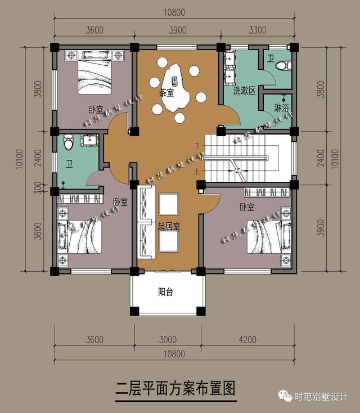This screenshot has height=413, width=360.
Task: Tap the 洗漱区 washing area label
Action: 245,90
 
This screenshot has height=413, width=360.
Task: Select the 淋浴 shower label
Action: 282,107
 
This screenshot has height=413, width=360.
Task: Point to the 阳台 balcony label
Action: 165,292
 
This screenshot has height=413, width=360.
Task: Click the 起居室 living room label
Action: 168,226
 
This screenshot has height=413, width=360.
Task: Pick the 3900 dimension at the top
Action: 178,30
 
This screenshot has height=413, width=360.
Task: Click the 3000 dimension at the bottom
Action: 167,339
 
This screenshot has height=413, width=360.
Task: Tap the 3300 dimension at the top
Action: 258,30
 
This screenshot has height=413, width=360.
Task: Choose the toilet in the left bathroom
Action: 69,143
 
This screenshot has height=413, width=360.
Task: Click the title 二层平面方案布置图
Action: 174,388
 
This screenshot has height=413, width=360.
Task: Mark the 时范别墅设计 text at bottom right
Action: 321,398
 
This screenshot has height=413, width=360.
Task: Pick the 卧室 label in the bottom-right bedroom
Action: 246,207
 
